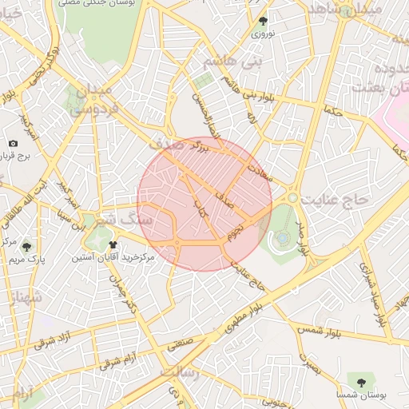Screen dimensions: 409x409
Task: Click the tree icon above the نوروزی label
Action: coord(264,22)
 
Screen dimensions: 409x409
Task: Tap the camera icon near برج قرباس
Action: coord(13,143)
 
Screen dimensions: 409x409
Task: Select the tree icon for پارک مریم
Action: coord(27,247)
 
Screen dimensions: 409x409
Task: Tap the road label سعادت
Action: coord(260,169)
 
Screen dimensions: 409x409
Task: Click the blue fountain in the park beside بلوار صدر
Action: coord(282,238)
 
